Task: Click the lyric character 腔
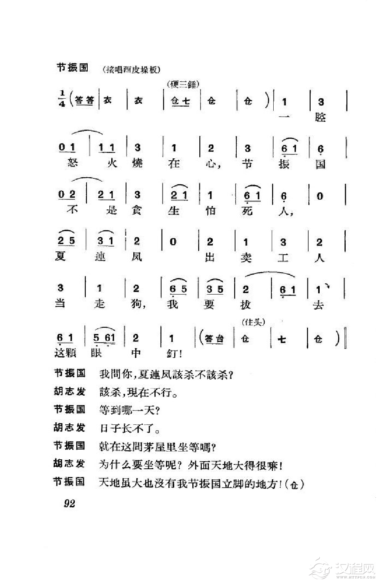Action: (320, 117)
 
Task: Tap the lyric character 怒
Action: (73, 163)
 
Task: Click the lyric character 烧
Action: (137, 163)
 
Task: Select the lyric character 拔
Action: (245, 304)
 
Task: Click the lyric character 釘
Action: (173, 353)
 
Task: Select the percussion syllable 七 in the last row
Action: (282, 339)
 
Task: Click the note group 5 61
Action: (104, 338)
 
